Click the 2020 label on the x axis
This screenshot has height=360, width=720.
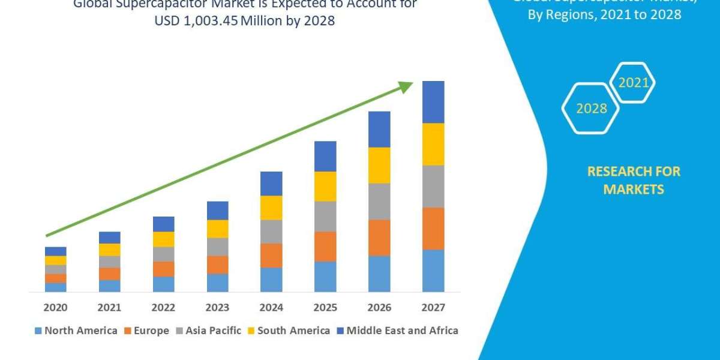pos(55,308)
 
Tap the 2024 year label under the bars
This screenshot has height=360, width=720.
pos(271,308)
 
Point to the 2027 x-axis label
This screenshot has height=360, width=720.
pos(433,308)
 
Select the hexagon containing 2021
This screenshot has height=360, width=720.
pos(633,83)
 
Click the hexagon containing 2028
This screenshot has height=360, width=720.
pos(591,109)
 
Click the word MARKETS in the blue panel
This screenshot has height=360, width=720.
pos(634,190)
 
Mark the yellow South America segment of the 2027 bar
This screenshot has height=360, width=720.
pos(433,144)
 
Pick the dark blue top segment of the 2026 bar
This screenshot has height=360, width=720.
pos(379,129)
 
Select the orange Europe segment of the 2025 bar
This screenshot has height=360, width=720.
pos(325,247)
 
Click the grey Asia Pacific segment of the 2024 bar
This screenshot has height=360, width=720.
pos(271,232)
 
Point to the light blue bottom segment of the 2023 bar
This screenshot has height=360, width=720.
pos(217,283)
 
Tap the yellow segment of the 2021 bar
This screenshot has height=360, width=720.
pos(109,250)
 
